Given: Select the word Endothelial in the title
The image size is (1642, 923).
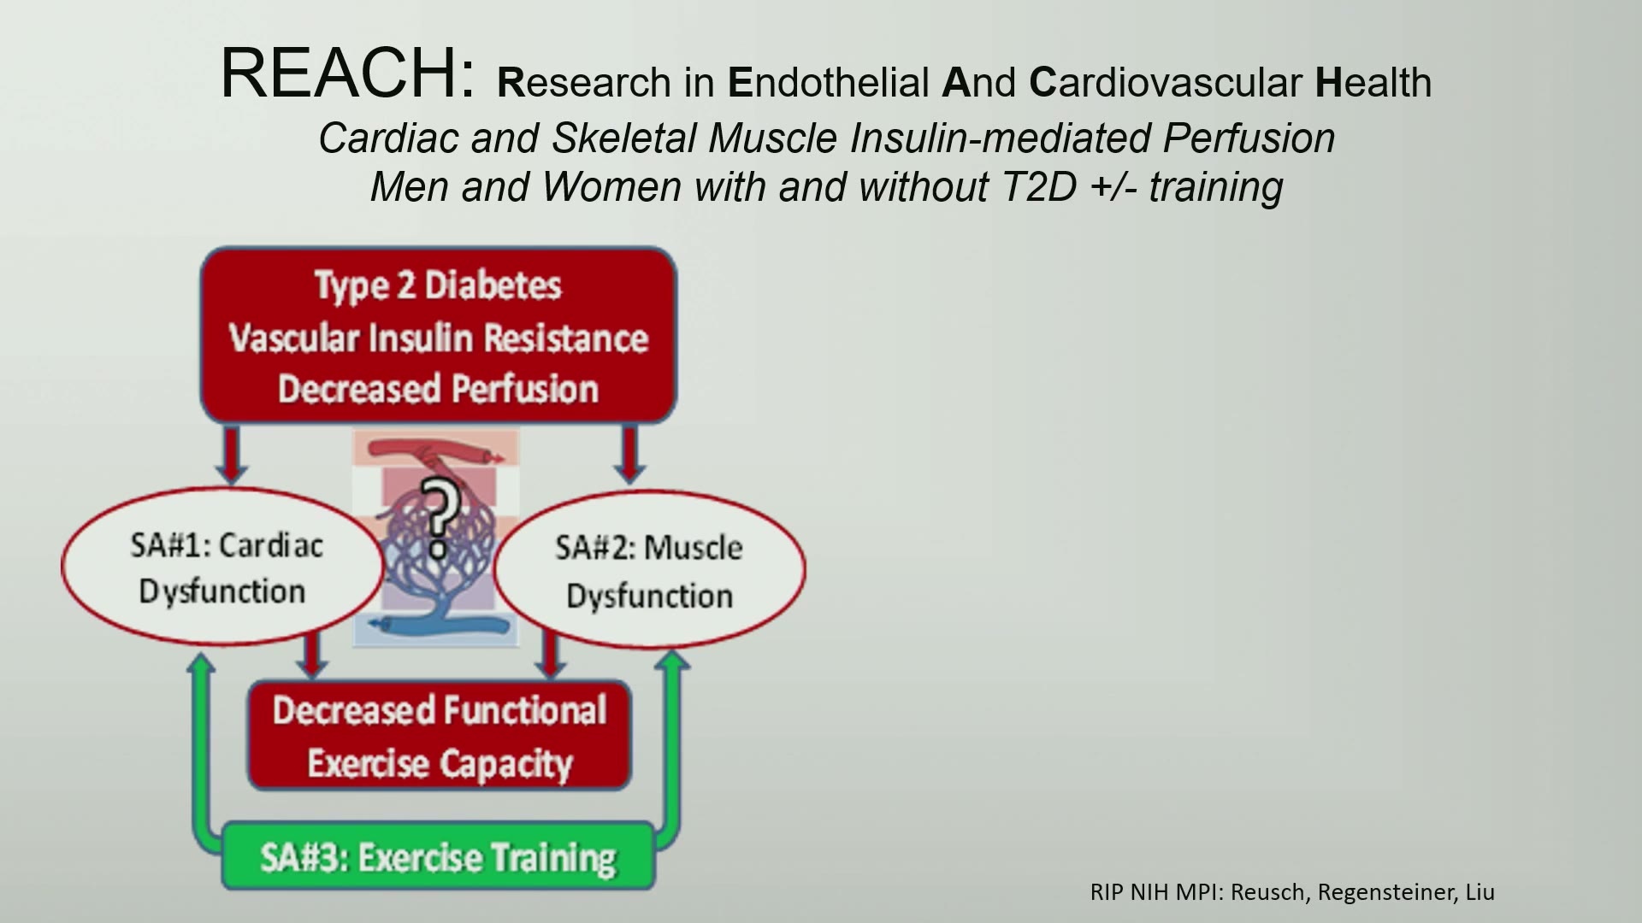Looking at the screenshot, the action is (x=828, y=82).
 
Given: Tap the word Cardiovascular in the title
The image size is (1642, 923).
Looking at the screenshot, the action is (x=1166, y=82).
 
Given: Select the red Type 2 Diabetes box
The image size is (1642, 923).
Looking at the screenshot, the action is (x=439, y=335).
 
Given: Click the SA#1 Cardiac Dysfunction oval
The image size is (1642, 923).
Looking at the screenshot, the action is (x=223, y=567).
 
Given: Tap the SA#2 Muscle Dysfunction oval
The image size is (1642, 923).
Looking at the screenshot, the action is (x=649, y=569).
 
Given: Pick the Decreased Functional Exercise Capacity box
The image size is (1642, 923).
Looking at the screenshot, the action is (x=440, y=735).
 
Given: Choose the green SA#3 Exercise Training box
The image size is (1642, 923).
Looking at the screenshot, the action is (x=439, y=856).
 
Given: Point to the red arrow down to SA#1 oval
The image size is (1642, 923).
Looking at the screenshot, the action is (x=232, y=455).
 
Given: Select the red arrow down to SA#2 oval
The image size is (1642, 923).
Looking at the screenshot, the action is (x=630, y=455).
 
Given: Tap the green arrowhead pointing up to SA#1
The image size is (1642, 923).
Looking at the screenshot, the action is (x=202, y=661).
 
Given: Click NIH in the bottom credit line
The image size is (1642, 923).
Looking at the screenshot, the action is (x=1150, y=892).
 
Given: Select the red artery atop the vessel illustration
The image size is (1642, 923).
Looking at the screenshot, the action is (x=436, y=451).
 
